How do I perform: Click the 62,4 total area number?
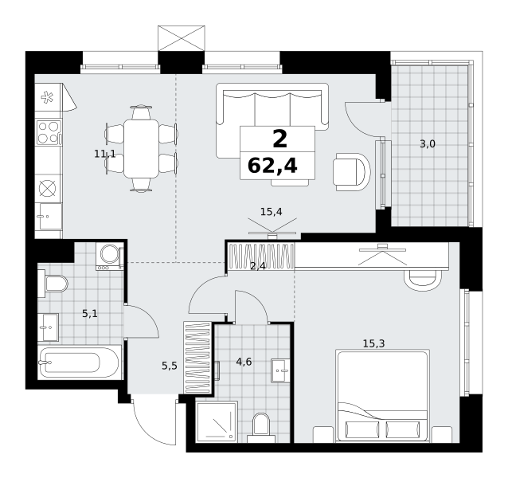(x=272, y=166)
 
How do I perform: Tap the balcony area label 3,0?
(x=428, y=143)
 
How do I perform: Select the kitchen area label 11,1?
(x=104, y=154)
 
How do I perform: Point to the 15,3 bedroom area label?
(x=373, y=343)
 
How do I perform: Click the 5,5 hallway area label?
(x=170, y=366)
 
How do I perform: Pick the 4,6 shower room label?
(x=244, y=362)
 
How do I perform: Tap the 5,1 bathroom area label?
(x=90, y=313)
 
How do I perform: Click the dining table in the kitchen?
(x=141, y=149)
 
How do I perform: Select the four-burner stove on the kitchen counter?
(x=49, y=132)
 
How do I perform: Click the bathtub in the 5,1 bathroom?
(x=80, y=362)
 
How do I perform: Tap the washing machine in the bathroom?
(x=110, y=257)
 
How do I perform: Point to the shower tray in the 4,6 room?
(x=217, y=422)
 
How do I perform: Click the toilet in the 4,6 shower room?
(x=261, y=428)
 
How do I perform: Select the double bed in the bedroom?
(x=383, y=395)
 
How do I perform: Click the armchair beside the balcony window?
(x=352, y=172)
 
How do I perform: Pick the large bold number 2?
(x=280, y=139)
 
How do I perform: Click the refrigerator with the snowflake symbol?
(x=49, y=97)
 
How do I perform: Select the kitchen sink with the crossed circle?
(x=48, y=188)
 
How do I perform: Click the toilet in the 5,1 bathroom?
(x=53, y=284)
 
